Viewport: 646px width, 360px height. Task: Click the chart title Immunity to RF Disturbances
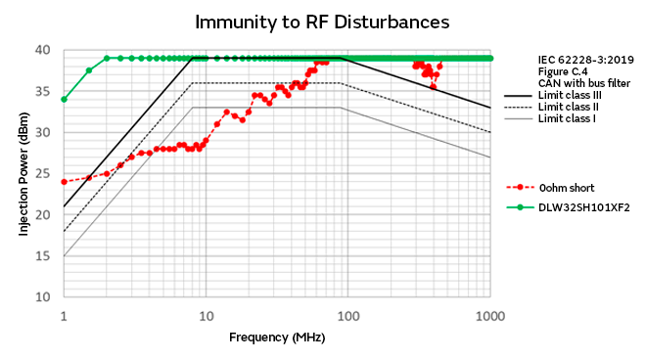(x=323, y=22)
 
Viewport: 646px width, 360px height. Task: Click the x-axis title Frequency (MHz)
(x=277, y=337)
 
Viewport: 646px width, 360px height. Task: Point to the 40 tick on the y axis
(x=43, y=50)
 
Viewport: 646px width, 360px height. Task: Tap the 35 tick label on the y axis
(x=43, y=91)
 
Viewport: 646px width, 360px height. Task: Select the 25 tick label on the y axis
(x=43, y=173)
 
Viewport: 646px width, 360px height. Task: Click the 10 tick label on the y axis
(x=43, y=296)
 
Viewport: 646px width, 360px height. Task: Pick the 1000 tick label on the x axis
(x=490, y=316)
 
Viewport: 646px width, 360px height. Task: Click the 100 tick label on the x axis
(x=347, y=316)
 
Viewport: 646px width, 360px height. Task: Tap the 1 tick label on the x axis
(x=64, y=316)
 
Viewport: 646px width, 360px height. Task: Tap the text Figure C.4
(x=561, y=72)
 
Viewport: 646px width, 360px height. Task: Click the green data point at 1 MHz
(x=64, y=99)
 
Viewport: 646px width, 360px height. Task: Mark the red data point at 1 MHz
(x=64, y=181)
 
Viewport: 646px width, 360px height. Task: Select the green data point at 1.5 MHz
(x=89, y=70)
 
